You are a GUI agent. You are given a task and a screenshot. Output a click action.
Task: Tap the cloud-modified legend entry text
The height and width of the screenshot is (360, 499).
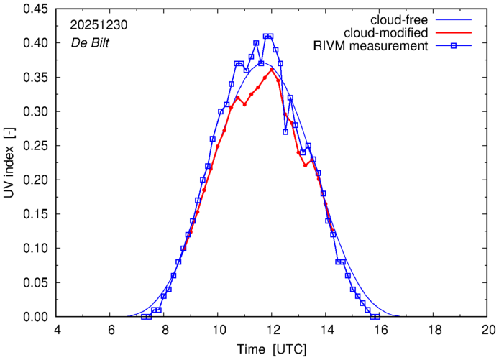pyautogui.click(x=387, y=33)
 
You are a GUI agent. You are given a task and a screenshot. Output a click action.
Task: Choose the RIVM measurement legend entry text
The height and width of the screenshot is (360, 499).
pyautogui.click(x=371, y=47)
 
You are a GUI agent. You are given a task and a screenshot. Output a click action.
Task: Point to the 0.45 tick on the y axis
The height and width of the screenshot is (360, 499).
pyautogui.click(x=35, y=9)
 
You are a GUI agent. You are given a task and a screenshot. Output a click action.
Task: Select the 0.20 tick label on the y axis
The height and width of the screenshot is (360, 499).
pyautogui.click(x=35, y=180)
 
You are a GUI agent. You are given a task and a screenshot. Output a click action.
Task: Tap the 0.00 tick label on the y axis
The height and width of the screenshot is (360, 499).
pyautogui.click(x=35, y=317)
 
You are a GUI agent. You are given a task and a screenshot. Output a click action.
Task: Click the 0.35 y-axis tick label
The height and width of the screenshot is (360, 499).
pyautogui.click(x=35, y=78)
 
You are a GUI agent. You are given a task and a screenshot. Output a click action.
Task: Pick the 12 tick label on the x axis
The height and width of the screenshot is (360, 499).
pyautogui.click(x=273, y=331)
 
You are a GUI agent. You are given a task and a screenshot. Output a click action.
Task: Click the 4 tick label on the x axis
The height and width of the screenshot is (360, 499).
pyautogui.click(x=58, y=331)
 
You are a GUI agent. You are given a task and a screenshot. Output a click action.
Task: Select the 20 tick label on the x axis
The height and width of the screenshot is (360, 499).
pyautogui.click(x=488, y=331)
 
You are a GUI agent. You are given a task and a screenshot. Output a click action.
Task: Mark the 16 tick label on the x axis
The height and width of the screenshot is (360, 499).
pyautogui.click(x=380, y=331)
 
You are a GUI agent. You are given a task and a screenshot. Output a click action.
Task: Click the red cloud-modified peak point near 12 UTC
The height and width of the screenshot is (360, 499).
pyautogui.click(x=272, y=70)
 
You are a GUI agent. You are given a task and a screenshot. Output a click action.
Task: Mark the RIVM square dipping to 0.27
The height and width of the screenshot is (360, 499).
pyautogui.click(x=285, y=132)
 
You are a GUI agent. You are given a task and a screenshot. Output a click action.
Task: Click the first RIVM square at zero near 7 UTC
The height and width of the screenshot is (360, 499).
pyautogui.click(x=144, y=317)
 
